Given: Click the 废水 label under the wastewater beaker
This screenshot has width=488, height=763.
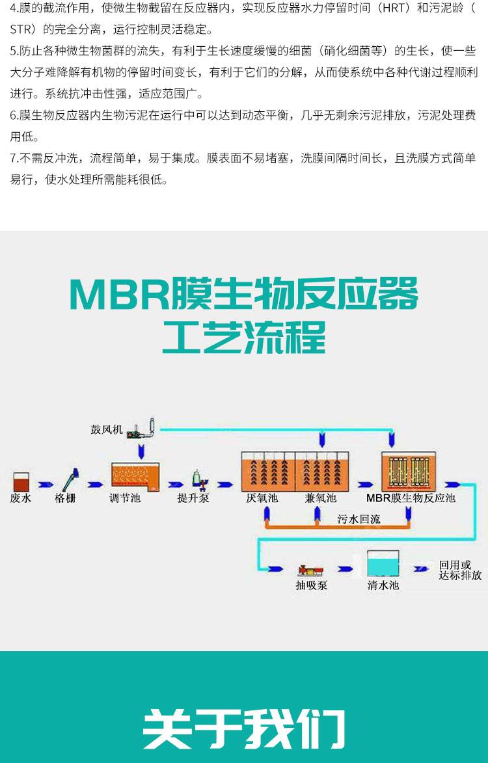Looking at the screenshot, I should pos(21,499).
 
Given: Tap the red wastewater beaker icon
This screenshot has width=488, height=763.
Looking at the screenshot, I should pos(21,481).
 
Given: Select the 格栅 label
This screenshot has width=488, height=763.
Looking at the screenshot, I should pos(65,499).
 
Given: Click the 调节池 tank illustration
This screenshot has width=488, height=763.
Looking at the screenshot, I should pos(135,477).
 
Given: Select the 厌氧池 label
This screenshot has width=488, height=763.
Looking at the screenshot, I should pos(262,499).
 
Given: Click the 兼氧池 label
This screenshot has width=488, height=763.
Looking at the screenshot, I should pos(320,499).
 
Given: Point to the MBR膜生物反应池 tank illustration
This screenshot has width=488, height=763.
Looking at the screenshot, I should pos(408,471).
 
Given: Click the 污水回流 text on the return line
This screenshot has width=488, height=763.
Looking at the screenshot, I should pos(359,518).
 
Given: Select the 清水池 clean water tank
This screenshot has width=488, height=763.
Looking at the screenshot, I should pos(383,565).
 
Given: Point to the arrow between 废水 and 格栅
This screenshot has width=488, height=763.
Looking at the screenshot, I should pos(45,485).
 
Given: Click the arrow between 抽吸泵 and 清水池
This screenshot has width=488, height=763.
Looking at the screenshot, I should pos(345,569).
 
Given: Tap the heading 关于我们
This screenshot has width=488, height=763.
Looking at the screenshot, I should pos(244,723).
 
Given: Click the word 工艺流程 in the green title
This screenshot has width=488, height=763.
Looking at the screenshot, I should pos(244,338).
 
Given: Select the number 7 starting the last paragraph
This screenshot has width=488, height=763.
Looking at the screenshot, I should pos(13,157).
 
